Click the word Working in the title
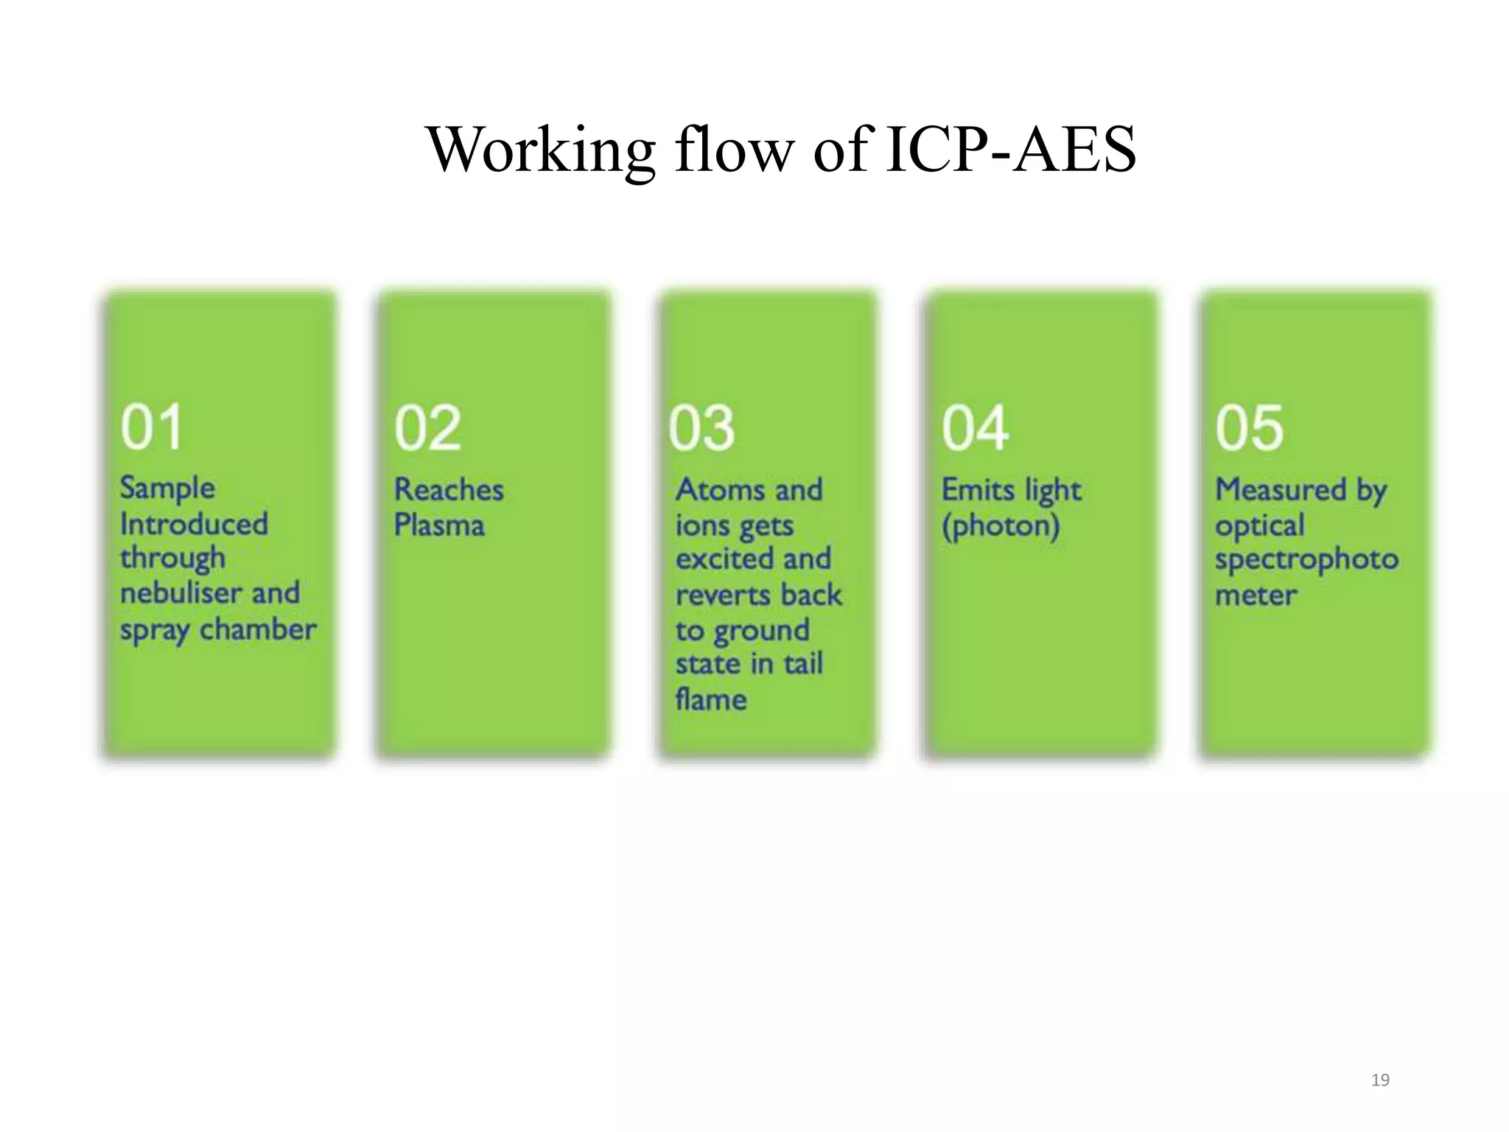[x=540, y=150]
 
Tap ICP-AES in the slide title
[x=1011, y=150]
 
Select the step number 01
[x=151, y=427]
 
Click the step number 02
[x=427, y=429]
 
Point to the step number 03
[x=701, y=429]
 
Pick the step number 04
[x=975, y=429]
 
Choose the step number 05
[x=1249, y=427]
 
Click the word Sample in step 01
[x=168, y=489]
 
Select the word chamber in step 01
[x=258, y=629]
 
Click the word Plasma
[x=439, y=525]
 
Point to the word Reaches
[x=449, y=490]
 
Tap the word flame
[x=711, y=699]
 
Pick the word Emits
[x=973, y=490]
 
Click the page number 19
[x=1380, y=1080]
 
